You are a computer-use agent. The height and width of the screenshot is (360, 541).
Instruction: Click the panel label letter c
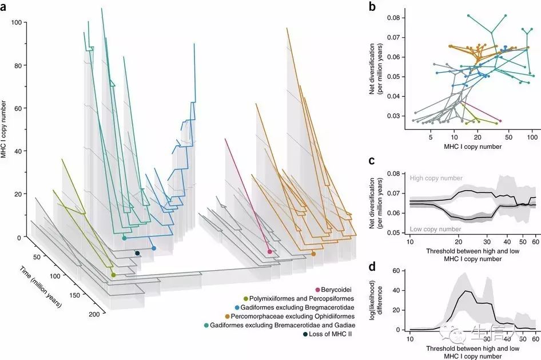(x=372, y=161)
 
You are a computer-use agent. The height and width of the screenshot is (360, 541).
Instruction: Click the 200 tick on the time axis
(x=95, y=314)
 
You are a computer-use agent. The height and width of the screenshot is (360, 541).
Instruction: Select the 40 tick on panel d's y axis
(x=397, y=291)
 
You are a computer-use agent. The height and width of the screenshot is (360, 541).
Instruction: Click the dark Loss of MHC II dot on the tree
(x=137, y=253)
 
